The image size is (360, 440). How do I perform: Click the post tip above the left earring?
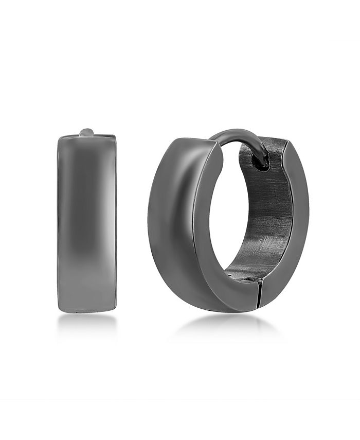86,132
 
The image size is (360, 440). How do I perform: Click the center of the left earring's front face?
87,224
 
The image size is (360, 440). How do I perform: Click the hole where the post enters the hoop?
262,164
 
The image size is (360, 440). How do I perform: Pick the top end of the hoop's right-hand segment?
275,142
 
